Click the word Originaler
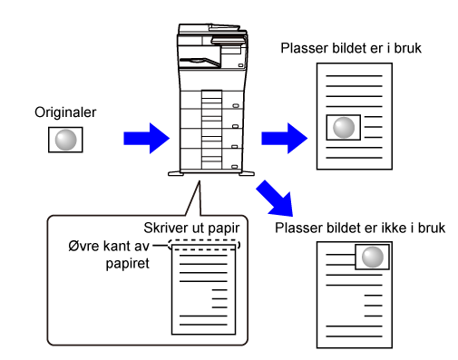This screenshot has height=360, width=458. click(65, 112)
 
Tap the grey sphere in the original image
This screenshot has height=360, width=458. click(65, 140)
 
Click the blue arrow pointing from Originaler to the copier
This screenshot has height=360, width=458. click(147, 139)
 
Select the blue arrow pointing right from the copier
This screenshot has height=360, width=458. click(285, 139)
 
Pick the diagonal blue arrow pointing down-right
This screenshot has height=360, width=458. click(276, 199)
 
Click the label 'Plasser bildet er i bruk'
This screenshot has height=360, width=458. click(351, 48)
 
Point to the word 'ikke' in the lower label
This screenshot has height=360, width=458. click(395, 228)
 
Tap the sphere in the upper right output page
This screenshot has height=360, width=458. click(344, 128)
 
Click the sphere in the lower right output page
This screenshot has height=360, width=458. click(373, 257)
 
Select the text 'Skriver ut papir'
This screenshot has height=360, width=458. click(191, 229)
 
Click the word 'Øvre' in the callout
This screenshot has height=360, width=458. click(83, 246)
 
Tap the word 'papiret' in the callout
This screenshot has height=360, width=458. click(128, 264)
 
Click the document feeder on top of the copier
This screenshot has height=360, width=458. click(211, 29)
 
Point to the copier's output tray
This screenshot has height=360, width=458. click(200, 62)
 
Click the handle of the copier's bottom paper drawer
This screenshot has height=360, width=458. click(235, 167)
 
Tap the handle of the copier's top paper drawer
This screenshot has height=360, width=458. click(236, 106)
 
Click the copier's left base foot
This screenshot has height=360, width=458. click(176, 173)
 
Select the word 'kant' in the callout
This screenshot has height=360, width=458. click(116, 246)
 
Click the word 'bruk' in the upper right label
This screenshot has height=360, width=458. click(408, 48)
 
